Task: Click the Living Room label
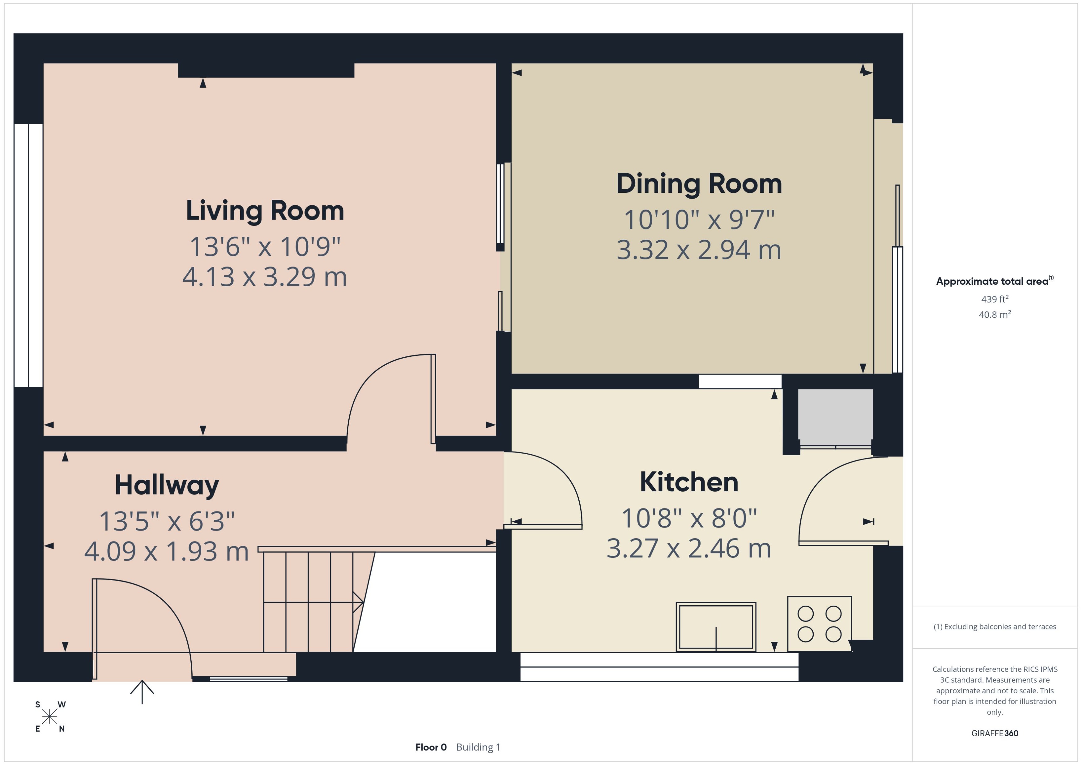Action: [x=265, y=211]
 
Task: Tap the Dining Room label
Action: [x=699, y=184]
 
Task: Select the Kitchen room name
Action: [x=688, y=482]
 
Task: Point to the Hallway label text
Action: [x=167, y=485]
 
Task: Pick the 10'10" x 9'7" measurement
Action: [x=699, y=220]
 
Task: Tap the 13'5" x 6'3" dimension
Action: [x=167, y=521]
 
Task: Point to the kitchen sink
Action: [x=716, y=627]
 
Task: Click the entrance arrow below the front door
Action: [x=142, y=691]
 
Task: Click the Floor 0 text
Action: [x=430, y=747]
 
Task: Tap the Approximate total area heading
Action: [x=992, y=282]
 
